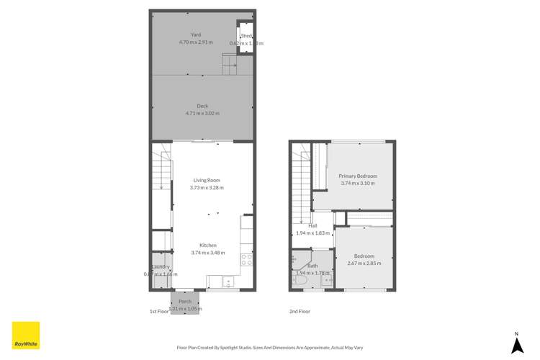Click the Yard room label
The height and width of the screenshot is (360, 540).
click(x=196, y=35)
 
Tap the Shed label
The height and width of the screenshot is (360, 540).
click(x=246, y=36)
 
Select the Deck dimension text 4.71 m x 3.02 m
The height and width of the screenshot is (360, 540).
click(x=202, y=113)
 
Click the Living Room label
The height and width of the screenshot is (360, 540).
click(x=206, y=180)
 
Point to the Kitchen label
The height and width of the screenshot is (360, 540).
click(x=209, y=245)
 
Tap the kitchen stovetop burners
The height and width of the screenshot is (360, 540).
click(x=246, y=257)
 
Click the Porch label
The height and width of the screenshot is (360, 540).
click(x=185, y=302)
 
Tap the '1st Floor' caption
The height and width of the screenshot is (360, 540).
click(x=158, y=312)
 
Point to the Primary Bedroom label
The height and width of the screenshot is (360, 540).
click(x=359, y=176)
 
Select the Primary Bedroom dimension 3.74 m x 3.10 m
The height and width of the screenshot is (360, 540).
click(x=359, y=183)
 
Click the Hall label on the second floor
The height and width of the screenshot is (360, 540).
click(x=313, y=225)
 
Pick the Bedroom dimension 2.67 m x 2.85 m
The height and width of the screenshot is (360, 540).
click(x=364, y=263)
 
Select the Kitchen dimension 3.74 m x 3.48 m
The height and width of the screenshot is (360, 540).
click(x=209, y=252)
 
